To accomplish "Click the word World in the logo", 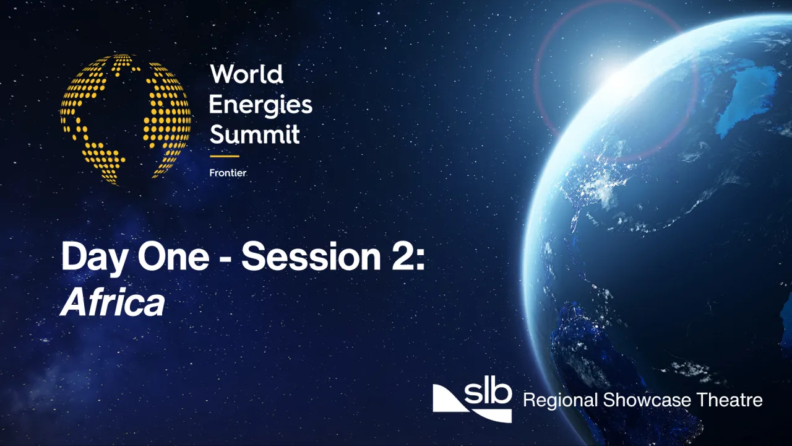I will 246,75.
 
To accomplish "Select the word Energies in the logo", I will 260,105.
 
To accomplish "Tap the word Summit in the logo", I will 254,134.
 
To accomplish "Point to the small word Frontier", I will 228,173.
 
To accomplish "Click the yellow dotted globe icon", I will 126,119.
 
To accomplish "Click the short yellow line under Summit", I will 224,156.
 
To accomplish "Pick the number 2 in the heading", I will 402,257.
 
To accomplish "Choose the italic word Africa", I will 113,303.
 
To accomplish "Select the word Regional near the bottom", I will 560,400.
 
